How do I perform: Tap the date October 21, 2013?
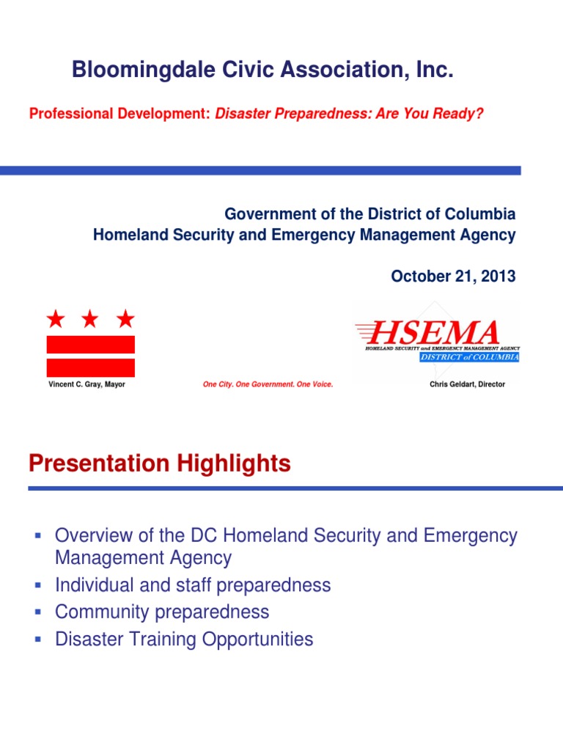pyautogui.click(x=453, y=276)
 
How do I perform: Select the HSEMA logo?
pyautogui.click(x=437, y=339)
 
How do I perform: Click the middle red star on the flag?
pyautogui.click(x=90, y=318)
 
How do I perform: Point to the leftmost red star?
pyautogui.click(x=55, y=318)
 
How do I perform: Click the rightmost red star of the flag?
pyautogui.click(x=126, y=318)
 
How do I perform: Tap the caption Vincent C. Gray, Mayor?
pyautogui.click(x=87, y=384)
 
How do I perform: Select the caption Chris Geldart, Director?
pyautogui.click(x=467, y=384)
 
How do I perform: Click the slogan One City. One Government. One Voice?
pyautogui.click(x=268, y=384)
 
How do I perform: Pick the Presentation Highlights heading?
pyautogui.click(x=159, y=464)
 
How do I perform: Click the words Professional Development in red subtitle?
pyautogui.click(x=119, y=114)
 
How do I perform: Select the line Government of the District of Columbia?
pyautogui.click(x=369, y=215)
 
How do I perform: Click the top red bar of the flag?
pyautogui.click(x=91, y=344)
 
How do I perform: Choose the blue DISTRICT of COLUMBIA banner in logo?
pyautogui.click(x=469, y=357)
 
